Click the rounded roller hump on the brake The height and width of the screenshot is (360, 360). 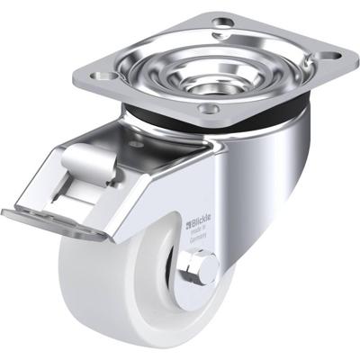pos(86,166)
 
